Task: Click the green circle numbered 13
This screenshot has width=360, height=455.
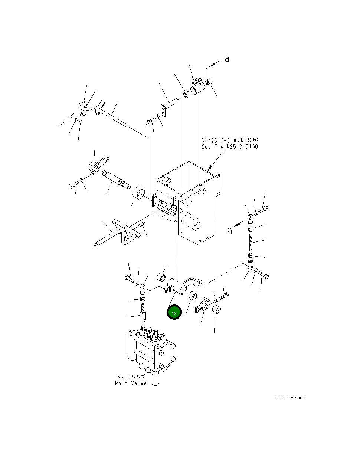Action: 174,313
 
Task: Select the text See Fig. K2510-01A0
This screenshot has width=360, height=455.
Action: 230,146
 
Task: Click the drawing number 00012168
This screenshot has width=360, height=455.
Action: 290,398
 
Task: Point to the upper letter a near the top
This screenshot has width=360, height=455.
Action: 227,59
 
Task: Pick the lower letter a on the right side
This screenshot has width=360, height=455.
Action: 230,231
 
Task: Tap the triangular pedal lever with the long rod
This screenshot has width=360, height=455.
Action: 118,233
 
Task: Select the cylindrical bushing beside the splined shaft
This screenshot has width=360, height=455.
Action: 138,193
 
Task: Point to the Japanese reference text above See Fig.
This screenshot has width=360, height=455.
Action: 230,140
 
